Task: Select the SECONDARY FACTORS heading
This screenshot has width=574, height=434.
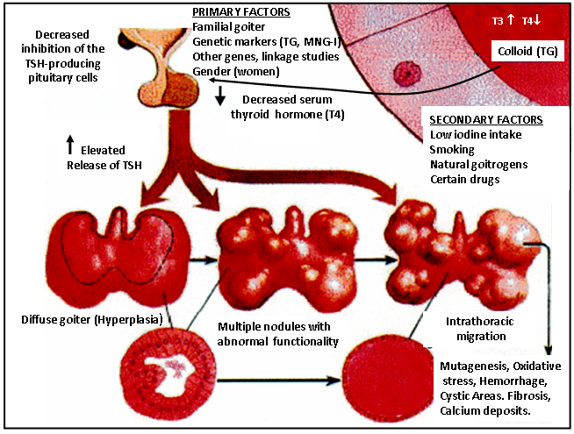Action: (486, 120)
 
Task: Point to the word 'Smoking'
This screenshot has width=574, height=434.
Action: (454, 149)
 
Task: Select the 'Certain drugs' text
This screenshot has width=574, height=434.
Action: (465, 179)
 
